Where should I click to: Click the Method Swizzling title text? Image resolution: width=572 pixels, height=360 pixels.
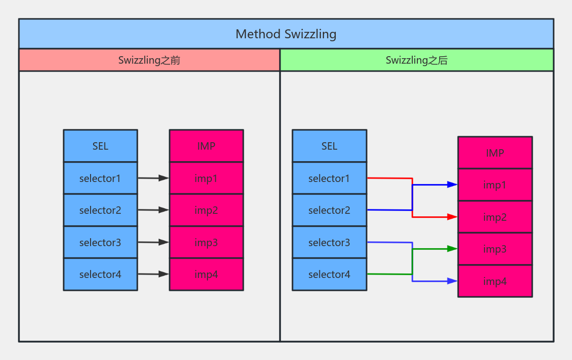(286, 34)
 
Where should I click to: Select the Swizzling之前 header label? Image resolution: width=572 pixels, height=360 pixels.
(149, 60)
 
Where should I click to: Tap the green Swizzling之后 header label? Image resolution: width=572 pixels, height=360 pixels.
(416, 60)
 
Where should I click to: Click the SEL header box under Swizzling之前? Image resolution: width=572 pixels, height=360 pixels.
(100, 146)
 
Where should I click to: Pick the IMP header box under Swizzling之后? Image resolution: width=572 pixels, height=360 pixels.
(495, 153)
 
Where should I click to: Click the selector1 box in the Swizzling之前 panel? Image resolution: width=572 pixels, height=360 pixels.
(100, 178)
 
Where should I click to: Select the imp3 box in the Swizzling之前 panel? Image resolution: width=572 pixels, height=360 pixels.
(206, 242)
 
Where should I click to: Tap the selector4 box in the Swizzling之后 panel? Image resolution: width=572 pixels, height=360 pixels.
(329, 274)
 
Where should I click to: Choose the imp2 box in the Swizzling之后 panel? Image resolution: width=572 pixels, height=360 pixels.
(495, 217)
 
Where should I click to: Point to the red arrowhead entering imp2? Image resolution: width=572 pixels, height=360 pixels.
(452, 217)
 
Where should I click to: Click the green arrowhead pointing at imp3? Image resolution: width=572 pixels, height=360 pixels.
(452, 249)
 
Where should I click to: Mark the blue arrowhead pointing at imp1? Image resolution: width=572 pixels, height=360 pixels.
(452, 184)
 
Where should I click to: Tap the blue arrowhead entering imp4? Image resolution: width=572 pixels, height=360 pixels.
(452, 281)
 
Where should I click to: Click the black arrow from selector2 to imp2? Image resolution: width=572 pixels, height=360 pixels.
(153, 210)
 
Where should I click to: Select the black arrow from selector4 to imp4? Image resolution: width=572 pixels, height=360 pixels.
(153, 274)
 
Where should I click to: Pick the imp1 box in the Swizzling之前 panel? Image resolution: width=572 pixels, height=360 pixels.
(206, 178)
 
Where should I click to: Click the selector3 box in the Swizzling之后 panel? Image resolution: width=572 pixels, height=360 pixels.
(329, 242)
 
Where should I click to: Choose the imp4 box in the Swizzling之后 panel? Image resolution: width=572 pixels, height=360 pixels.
(495, 281)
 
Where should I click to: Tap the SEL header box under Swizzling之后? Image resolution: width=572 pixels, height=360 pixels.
(329, 146)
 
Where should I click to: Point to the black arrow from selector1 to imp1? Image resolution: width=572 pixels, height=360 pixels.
(153, 178)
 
